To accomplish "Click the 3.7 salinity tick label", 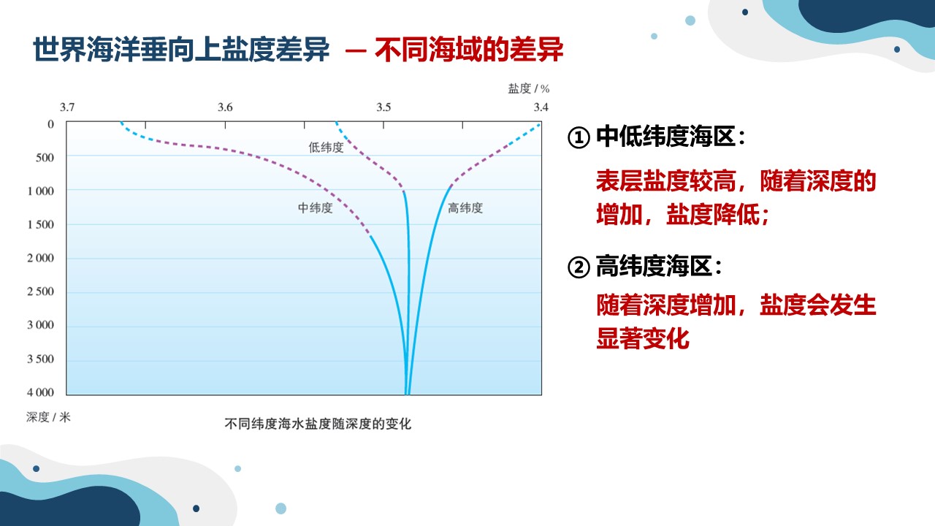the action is point(67,107).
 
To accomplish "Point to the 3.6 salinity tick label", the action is point(225,107).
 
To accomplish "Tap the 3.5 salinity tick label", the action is point(383,107).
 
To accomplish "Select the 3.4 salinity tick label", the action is point(541,107).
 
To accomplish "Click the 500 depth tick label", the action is point(45,157).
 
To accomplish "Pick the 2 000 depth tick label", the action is point(40,258).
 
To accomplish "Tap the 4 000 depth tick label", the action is point(40,392).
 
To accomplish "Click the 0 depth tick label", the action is point(50,124).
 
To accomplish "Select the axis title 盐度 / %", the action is point(528,88).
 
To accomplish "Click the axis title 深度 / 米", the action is point(48,416).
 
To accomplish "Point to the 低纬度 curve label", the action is point(326,148).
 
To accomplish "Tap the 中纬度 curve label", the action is point(315,208).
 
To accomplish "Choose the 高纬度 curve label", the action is point(465,208).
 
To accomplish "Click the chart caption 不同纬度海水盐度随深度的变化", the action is point(318,424).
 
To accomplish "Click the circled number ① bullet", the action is point(579,137).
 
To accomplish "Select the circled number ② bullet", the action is point(579,267).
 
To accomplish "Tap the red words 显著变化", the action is point(643,338).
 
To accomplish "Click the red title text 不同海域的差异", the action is point(469,50).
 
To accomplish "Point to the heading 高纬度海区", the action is point(654,266).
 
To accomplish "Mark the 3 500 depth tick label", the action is point(40,359).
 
